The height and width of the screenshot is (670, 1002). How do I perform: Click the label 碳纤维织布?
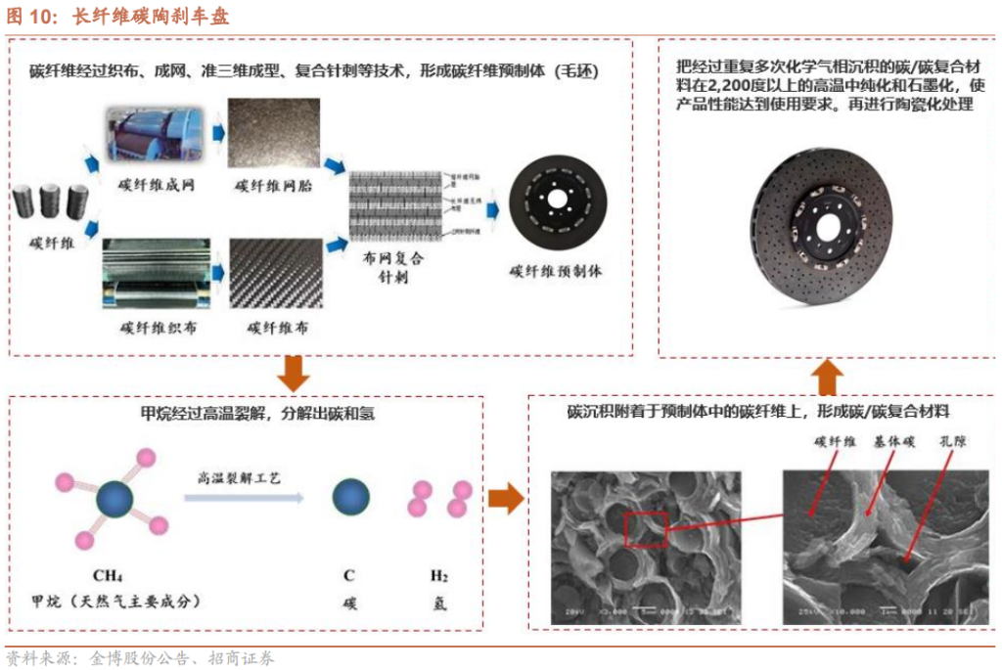coord(156,328)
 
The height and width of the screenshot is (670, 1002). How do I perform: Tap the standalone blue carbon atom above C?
coord(349,497)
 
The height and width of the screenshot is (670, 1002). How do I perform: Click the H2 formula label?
coord(437,575)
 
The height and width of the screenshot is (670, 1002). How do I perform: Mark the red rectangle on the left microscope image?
coord(645,529)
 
